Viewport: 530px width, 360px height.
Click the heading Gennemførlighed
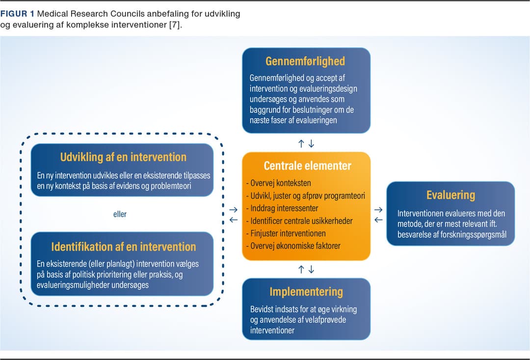305,61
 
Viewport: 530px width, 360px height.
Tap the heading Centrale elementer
307,166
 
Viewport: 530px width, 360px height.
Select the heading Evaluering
450,195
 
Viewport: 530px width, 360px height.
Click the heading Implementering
306,292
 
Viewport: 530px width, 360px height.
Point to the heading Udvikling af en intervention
123,157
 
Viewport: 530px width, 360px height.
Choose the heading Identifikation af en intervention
123,247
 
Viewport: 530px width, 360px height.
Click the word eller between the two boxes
120,214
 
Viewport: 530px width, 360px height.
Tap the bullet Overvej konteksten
279,183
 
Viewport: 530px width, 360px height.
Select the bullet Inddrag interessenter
282,208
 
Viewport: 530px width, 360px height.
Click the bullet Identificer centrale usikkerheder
299,221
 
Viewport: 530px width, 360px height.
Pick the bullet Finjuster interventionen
286,233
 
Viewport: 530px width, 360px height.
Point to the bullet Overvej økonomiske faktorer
293,246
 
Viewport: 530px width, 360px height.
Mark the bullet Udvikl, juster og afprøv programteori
306,195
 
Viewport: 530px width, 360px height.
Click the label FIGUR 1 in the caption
17,14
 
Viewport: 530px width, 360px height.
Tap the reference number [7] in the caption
175,25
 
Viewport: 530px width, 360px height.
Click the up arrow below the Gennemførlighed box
301,144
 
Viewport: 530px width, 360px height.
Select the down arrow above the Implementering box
311,269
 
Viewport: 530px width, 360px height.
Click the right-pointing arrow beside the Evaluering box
378,210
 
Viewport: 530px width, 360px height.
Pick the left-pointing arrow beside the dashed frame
233,220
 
